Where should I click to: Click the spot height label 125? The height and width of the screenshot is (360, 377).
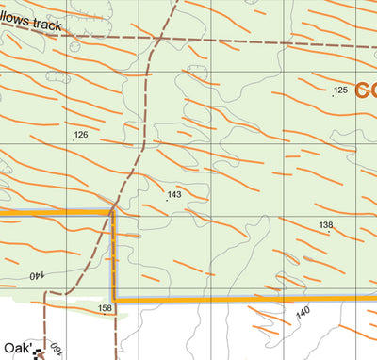click(340, 90)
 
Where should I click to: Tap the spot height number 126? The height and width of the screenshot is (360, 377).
click(81, 135)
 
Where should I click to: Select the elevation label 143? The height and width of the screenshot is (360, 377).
click(174, 195)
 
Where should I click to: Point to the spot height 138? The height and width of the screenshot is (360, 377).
click(326, 224)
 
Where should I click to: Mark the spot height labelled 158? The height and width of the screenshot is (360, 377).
click(105, 308)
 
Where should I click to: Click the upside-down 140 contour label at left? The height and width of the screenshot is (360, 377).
click(37, 276)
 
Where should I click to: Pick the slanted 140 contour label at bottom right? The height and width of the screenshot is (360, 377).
click(303, 313)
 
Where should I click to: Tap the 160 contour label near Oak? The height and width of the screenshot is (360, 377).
click(59, 346)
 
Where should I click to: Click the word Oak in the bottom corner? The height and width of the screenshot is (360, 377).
click(14, 348)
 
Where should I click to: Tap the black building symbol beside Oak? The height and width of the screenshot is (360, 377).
click(38, 353)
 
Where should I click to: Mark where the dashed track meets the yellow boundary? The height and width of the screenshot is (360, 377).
click(113, 211)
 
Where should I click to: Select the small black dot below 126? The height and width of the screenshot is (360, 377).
click(74, 141)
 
